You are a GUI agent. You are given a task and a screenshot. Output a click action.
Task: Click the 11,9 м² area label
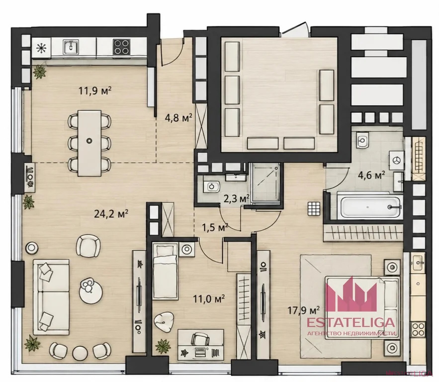95,91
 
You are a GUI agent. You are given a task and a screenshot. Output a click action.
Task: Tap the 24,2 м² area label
111,214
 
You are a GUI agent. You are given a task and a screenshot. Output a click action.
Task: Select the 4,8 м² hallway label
178,117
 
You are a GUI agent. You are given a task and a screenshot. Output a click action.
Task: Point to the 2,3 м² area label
236,199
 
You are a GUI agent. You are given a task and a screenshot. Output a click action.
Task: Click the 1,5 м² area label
215,227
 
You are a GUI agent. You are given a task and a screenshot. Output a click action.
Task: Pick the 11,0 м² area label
209,299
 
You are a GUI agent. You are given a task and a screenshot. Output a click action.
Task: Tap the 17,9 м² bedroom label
303,310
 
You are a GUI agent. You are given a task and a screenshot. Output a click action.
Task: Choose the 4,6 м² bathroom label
371,175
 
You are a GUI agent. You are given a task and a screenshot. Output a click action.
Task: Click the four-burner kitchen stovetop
122,46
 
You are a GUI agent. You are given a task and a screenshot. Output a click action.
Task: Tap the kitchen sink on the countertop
71,46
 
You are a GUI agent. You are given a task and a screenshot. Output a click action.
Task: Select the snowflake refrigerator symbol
41,48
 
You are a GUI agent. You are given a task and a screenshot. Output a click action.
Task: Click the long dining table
89,143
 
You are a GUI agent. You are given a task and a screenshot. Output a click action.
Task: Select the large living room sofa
51,297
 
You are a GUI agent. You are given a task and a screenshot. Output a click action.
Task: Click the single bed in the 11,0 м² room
165,272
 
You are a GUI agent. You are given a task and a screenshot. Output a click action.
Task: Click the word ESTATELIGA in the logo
351,323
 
